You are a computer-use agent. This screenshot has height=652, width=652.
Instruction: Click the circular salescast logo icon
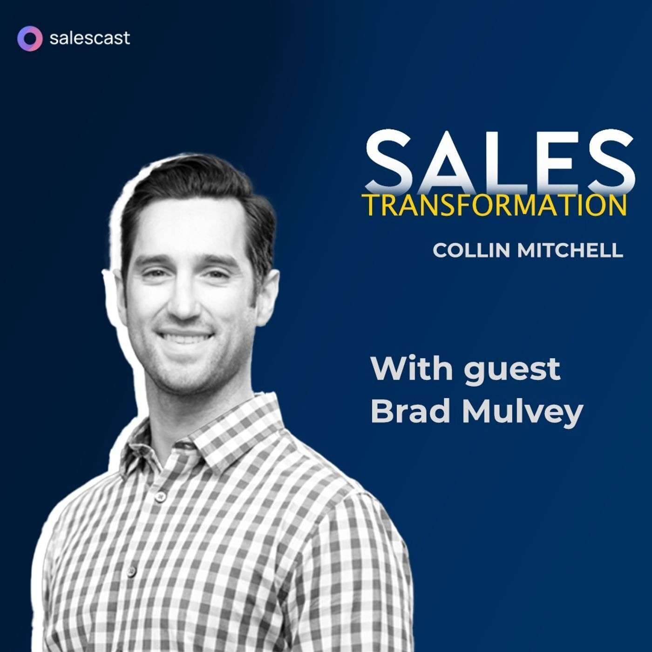click(x=29, y=38)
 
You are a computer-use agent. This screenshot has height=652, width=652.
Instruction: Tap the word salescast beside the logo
click(x=89, y=38)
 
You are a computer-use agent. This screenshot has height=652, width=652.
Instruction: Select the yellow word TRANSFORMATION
click(x=494, y=205)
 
